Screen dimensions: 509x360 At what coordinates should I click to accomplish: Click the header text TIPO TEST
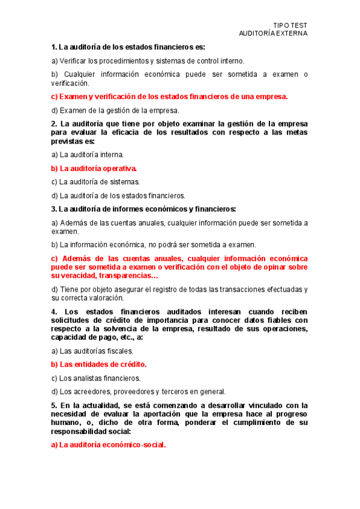[290, 25]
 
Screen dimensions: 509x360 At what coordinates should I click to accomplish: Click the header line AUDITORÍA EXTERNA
[273, 34]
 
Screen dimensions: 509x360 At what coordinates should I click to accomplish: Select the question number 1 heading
[128, 47]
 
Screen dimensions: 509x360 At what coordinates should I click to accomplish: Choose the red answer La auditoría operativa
[95, 168]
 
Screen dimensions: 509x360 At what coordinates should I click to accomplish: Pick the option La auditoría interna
[88, 154]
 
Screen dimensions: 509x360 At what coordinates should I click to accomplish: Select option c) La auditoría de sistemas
[96, 181]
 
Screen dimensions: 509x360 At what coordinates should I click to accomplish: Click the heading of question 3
[144, 209]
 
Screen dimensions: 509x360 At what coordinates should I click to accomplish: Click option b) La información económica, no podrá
[154, 244]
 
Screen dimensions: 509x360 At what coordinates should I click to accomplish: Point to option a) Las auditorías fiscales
[92, 351]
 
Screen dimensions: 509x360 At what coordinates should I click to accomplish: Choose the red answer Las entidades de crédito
[99, 364]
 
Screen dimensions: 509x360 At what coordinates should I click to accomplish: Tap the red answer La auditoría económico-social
[109, 445]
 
